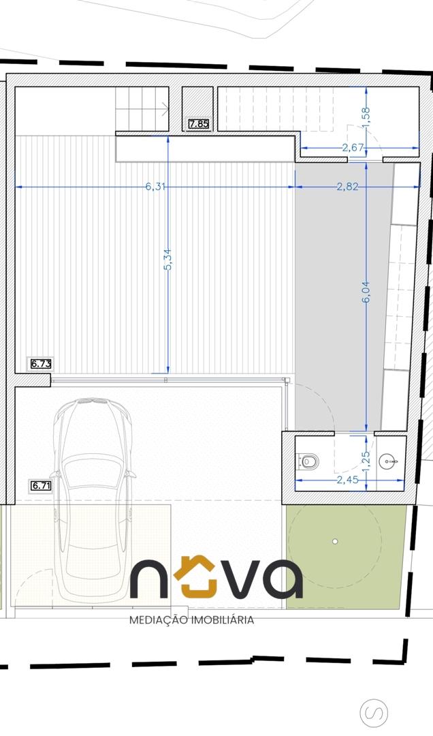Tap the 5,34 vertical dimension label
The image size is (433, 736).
[168, 259]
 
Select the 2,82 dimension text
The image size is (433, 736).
[348, 186]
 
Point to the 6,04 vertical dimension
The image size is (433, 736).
[366, 292]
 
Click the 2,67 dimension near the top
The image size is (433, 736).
[353, 147]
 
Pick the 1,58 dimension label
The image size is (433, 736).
[366, 117]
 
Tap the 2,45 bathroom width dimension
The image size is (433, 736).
[348, 480]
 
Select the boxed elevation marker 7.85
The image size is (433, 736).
[199, 125]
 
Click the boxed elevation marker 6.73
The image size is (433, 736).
[41, 363]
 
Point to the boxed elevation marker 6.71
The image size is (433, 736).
[41, 486]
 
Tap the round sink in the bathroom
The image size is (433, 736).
[389, 461]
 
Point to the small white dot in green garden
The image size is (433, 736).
[335, 541]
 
